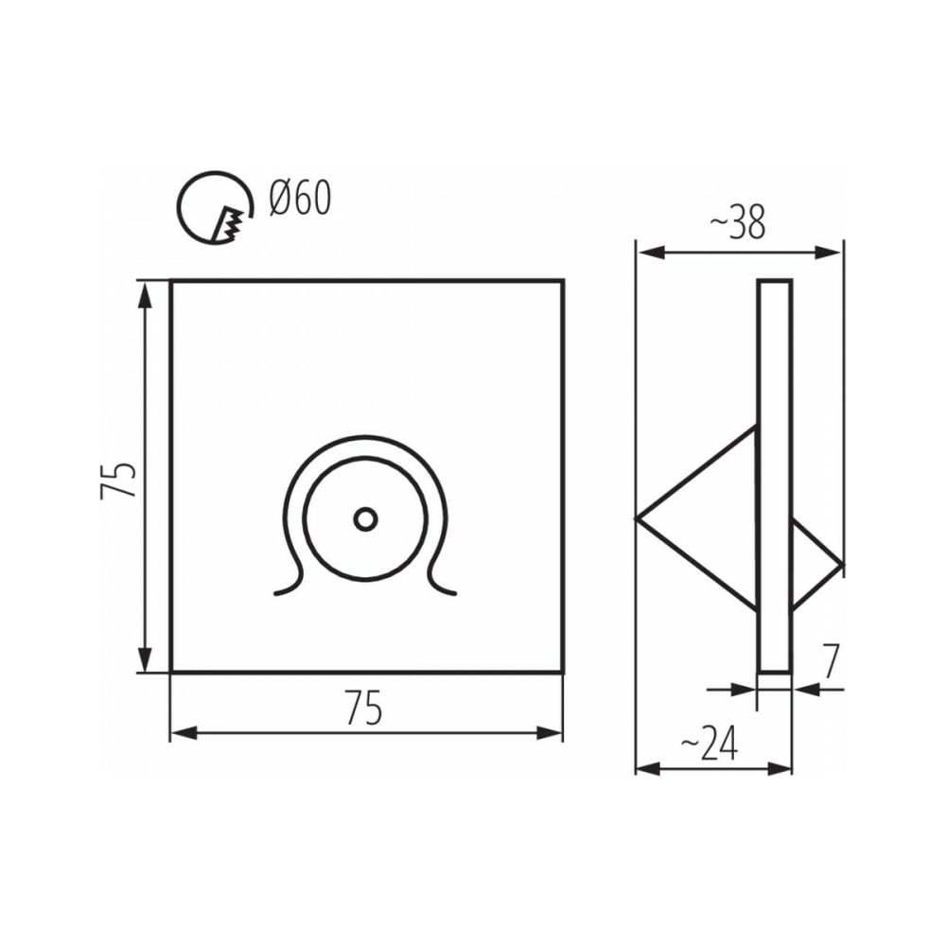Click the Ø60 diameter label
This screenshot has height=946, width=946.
click(x=301, y=199)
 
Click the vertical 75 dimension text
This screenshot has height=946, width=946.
click(x=117, y=481)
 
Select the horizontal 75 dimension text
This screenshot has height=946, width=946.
click(x=364, y=708)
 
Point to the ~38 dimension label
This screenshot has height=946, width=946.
click(x=737, y=221)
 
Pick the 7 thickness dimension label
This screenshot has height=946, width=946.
click(x=831, y=661)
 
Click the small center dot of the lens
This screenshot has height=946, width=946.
click(x=365, y=518)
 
